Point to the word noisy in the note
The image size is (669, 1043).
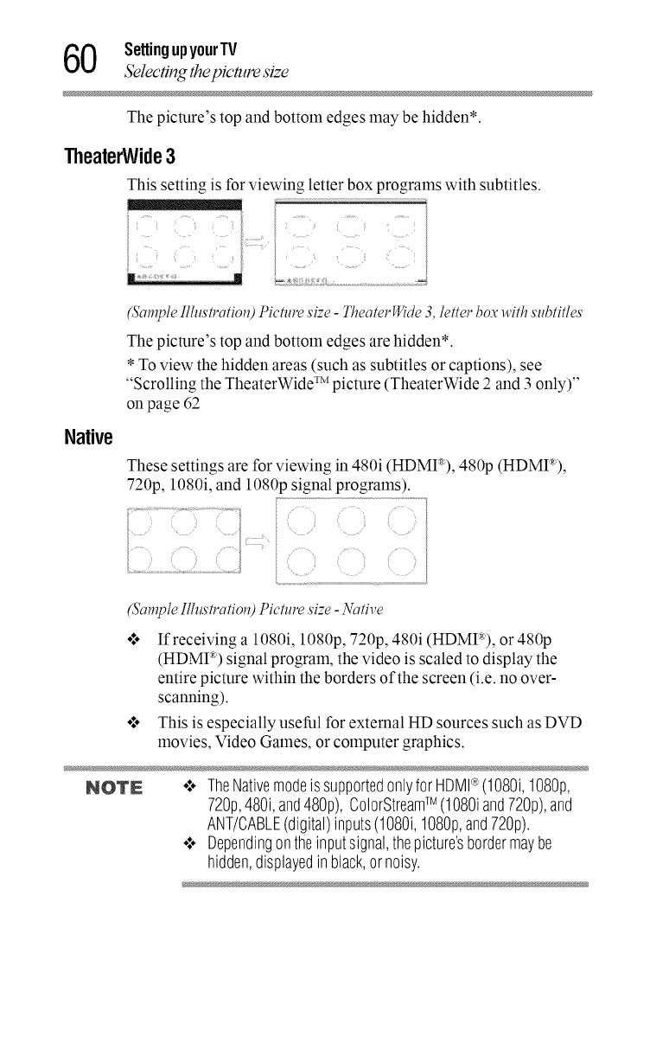coord(344,867)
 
